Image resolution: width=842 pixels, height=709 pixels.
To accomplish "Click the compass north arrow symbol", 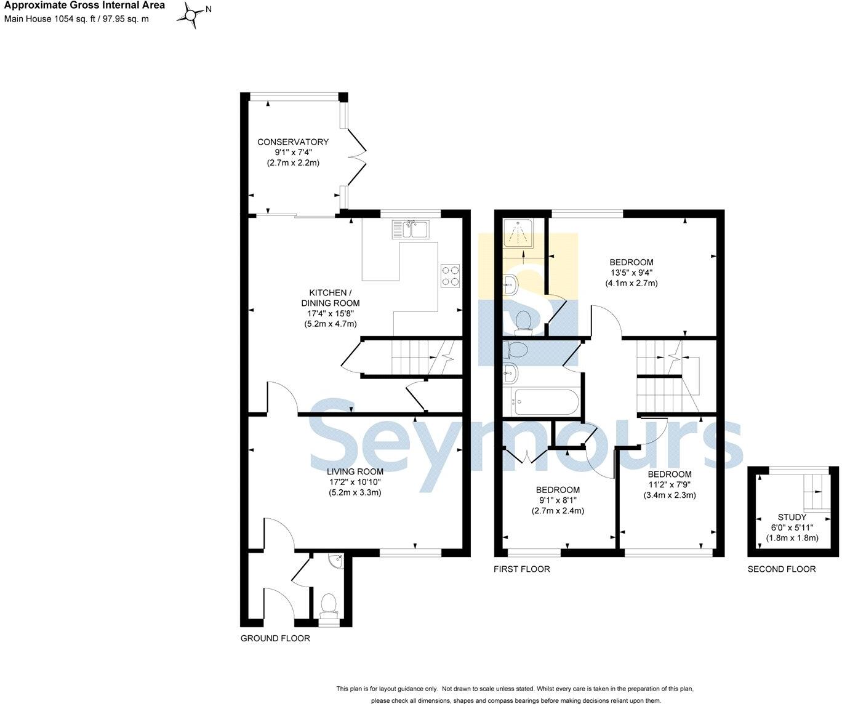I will (x=193, y=15).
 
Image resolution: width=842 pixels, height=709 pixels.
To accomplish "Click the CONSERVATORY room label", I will (x=293, y=142).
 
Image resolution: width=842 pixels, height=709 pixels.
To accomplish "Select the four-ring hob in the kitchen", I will (x=450, y=275).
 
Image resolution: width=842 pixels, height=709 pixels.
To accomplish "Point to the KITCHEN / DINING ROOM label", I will (x=331, y=298).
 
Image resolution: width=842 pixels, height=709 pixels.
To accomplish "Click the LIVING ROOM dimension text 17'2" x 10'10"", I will (x=355, y=482).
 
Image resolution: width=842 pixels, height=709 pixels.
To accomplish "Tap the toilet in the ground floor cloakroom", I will (x=329, y=604).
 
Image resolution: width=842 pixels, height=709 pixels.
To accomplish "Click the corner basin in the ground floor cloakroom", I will (x=336, y=561).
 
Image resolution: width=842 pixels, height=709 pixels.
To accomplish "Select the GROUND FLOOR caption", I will (x=275, y=638).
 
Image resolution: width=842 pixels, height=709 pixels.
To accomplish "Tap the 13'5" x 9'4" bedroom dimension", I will (x=631, y=273).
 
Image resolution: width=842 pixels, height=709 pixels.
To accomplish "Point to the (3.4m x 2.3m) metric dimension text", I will (x=670, y=495).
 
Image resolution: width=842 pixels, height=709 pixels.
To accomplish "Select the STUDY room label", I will (x=792, y=517).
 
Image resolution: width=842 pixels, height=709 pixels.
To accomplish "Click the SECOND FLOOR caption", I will (x=781, y=569).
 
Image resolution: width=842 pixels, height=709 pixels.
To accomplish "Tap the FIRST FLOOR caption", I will (x=521, y=569).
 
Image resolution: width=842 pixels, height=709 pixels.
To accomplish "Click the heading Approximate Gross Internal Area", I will (x=85, y=6).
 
